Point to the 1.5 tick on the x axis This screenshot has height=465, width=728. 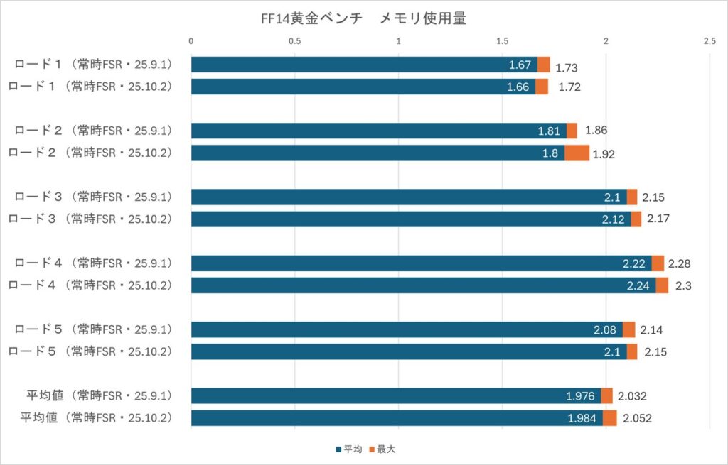(x=502, y=42)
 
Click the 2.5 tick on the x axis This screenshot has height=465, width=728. (x=709, y=42)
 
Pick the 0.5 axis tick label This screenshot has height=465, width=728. (x=294, y=42)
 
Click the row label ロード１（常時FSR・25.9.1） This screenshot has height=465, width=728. (x=94, y=65)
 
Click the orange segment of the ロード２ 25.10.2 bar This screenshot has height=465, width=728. (x=577, y=153)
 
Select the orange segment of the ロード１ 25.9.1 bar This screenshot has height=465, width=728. (x=544, y=65)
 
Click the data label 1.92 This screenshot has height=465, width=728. (x=604, y=153)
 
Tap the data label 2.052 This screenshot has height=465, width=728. (x=637, y=418)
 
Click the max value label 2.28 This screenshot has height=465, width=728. (x=680, y=263)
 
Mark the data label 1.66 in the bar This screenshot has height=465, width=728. (x=518, y=87)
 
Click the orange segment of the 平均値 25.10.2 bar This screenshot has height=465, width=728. (x=610, y=417)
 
